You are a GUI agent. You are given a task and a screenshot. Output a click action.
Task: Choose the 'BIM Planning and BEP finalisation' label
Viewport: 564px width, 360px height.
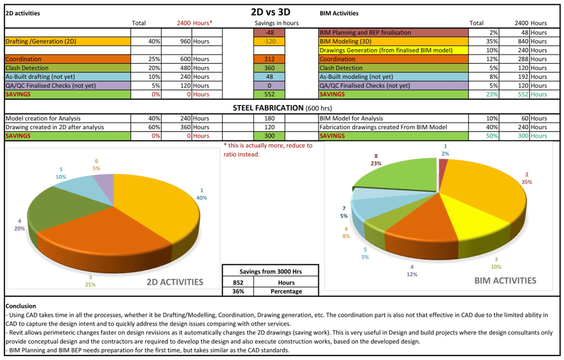tap(365, 32)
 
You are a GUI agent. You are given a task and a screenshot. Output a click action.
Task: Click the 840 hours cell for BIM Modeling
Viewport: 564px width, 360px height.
tap(520, 41)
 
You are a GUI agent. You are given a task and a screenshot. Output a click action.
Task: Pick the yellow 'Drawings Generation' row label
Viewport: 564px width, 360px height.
tap(386, 50)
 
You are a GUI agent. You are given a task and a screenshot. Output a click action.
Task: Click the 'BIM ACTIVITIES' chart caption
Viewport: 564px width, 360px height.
tap(505, 280)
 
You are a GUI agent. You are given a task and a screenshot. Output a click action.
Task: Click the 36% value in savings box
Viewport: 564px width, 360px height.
tap(238, 291)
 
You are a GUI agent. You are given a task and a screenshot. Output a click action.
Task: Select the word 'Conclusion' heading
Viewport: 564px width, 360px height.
tap(20, 306)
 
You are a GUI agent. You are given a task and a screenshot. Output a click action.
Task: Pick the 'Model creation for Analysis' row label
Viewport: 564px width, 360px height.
tap(42, 118)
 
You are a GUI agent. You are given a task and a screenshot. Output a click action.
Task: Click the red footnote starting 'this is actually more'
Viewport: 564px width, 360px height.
tap(268, 150)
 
